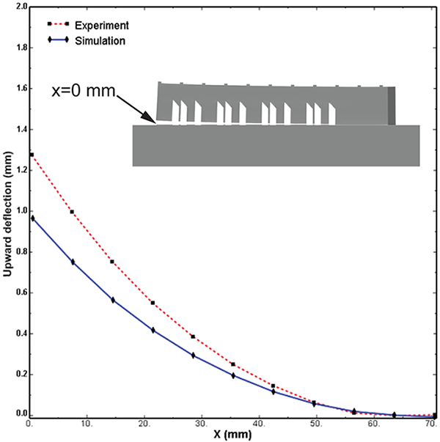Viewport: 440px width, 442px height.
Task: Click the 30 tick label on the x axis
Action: [x=202, y=425]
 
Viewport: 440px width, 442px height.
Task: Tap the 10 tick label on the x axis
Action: [x=87, y=425]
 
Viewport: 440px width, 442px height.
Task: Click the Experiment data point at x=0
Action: [x=32, y=155]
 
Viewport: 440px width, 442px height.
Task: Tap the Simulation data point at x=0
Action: [x=32, y=218]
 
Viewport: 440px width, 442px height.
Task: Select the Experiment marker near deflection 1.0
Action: [x=72, y=212]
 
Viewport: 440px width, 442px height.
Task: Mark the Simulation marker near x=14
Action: [x=113, y=300]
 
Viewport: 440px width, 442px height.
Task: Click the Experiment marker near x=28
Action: [x=193, y=336]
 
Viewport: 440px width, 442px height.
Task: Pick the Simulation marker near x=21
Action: [x=153, y=330]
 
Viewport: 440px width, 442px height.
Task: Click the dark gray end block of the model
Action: [x=392, y=104]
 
